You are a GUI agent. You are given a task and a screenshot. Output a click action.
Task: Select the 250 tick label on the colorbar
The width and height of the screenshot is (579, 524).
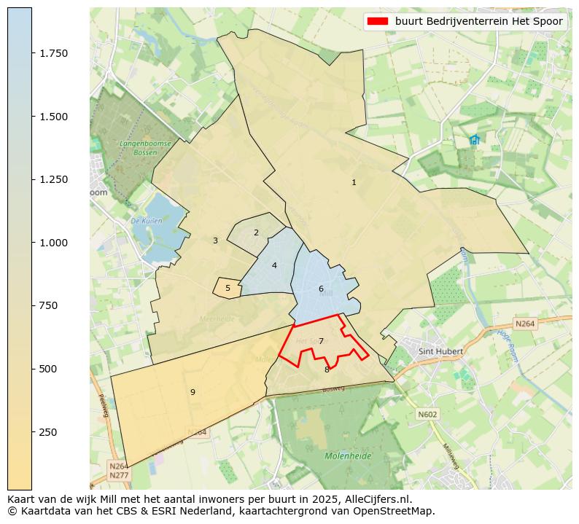click(x=47, y=432)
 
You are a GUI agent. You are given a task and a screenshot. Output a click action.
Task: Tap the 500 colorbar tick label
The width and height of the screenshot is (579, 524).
click(x=47, y=369)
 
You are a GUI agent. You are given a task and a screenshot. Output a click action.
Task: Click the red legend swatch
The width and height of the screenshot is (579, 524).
click(x=378, y=22)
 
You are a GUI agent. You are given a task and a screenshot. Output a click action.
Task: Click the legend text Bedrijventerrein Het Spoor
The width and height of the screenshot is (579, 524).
click(x=479, y=22)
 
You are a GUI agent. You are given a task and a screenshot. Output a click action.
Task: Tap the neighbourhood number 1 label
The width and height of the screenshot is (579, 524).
click(x=354, y=182)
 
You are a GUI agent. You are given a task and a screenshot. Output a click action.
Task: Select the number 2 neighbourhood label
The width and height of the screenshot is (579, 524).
click(x=256, y=232)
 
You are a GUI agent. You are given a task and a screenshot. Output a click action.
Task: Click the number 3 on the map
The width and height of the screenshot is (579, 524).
click(x=215, y=241)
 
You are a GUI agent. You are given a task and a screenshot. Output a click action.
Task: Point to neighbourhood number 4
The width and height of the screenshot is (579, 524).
click(x=274, y=265)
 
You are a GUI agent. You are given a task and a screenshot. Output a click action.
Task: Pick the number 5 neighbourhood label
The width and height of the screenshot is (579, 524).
click(x=228, y=288)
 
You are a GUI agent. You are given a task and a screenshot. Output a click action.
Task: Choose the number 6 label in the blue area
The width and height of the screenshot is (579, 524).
click(x=321, y=289)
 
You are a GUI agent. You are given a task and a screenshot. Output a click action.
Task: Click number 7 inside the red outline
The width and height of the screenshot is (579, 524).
click(x=321, y=341)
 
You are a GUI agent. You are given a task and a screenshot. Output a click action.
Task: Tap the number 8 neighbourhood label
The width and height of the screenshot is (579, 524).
click(x=327, y=369)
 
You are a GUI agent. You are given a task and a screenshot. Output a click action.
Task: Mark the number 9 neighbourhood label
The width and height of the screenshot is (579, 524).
click(x=193, y=392)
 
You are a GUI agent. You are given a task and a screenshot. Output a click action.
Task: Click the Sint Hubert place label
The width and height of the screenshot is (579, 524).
click(x=440, y=351)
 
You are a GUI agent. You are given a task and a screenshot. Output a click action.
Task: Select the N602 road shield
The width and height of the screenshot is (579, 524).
click(x=427, y=414)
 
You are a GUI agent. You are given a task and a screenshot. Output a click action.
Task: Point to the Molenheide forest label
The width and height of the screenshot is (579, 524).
click(x=348, y=455)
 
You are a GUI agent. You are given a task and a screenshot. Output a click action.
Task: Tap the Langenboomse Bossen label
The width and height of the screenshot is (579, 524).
click(x=145, y=148)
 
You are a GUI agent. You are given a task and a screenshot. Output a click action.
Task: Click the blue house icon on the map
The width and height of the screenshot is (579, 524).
click(x=475, y=139)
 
